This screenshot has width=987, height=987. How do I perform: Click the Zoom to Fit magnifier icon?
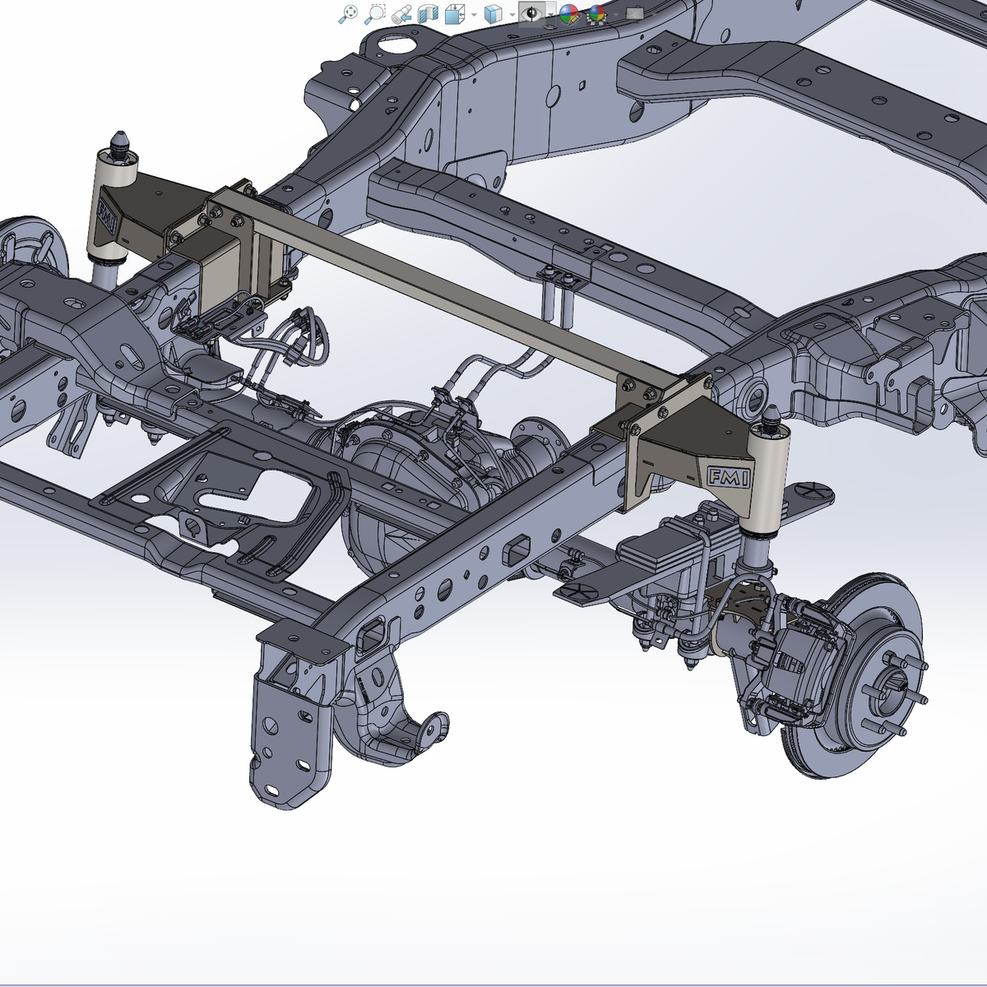(348, 14)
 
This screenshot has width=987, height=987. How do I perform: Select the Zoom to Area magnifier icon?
(374, 14)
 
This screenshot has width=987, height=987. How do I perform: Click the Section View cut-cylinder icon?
(428, 14)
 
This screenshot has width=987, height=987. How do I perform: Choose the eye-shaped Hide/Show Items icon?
(531, 13)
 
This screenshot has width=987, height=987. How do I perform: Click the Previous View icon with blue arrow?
(401, 14)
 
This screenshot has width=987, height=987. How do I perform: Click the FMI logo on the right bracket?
(729, 477)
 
